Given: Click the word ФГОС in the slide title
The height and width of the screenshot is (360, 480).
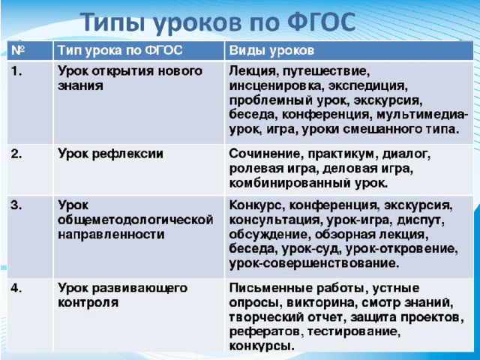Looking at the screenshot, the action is [x=321, y=22].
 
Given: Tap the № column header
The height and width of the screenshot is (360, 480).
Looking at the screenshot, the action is [x=18, y=50].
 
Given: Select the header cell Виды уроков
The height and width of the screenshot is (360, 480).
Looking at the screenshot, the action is [x=271, y=50].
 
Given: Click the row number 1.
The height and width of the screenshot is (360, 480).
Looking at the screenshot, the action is [x=16, y=71].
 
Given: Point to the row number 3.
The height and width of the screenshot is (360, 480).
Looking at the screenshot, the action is [x=16, y=205].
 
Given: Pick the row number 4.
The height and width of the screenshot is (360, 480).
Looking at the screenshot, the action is [x=16, y=288].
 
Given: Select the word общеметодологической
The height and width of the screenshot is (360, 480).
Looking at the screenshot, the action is [x=135, y=220].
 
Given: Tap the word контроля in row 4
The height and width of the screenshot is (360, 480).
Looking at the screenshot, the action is [x=88, y=302].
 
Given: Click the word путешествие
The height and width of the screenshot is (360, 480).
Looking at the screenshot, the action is [x=326, y=72].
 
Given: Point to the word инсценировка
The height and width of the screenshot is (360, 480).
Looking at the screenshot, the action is [x=277, y=86].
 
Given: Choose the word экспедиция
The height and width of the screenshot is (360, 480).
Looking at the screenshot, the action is [x=368, y=86].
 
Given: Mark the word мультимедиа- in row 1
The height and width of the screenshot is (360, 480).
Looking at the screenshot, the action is [x=422, y=115].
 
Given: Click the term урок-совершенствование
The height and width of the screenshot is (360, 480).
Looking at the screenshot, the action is [x=314, y=263].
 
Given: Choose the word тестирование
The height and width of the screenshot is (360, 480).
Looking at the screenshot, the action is [x=353, y=332].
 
